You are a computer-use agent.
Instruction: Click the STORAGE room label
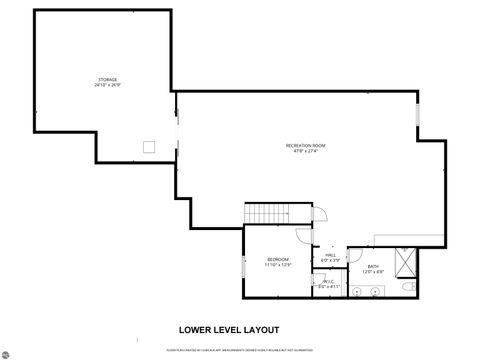click(x=107, y=80)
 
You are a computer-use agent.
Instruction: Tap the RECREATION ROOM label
click(x=305, y=148)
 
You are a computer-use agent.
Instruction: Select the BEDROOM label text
click(x=277, y=261)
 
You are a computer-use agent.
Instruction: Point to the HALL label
click(x=330, y=256)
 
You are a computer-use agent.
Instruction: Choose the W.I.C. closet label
click(x=330, y=283)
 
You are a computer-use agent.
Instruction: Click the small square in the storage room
click(x=149, y=146)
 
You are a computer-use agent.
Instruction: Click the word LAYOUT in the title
click(x=259, y=328)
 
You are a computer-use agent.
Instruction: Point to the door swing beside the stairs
click(x=321, y=214)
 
